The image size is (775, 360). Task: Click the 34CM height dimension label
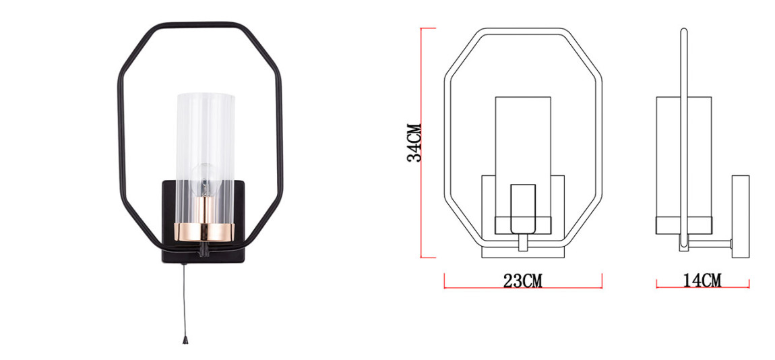coord(414,142)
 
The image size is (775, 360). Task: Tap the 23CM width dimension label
coord(523,281)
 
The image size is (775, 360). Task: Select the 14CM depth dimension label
coord(702,280)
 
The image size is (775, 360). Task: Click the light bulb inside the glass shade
coord(204,180)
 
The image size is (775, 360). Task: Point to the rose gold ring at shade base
coord(205,231)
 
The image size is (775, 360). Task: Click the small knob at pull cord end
coord(184,340)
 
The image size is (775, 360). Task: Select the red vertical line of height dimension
coord(421,143)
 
